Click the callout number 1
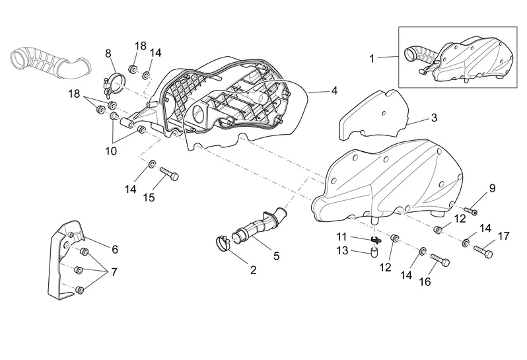(372, 58)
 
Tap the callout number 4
(334, 90)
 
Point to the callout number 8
(108, 53)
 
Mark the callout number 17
(503, 235)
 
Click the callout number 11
(341, 236)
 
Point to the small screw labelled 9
(471, 211)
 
